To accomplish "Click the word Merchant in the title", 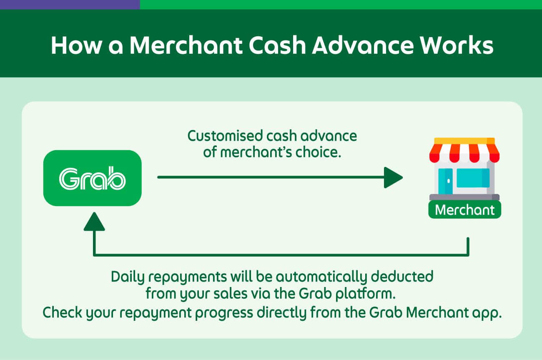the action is pyautogui.click(x=186, y=45).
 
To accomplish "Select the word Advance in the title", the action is pyautogui.click(x=362, y=45).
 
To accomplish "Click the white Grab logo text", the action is pyautogui.click(x=92, y=178).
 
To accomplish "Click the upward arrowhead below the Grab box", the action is pyautogui.click(x=94, y=222).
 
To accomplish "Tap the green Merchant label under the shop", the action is pyautogui.click(x=464, y=210).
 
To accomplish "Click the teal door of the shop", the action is pyautogui.click(x=445, y=181).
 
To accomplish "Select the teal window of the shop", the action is pyautogui.click(x=473, y=178).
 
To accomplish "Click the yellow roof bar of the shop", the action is pyautogui.click(x=464, y=141).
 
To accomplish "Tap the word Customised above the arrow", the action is pyautogui.click(x=225, y=136).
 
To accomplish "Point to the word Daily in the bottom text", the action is pyautogui.click(x=128, y=277).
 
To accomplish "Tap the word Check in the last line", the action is pyautogui.click(x=63, y=312).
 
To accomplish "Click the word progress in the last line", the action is pyautogui.click(x=224, y=313).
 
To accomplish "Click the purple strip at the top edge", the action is pyautogui.click(x=70, y=5).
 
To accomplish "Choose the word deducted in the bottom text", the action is pyautogui.click(x=402, y=277).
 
